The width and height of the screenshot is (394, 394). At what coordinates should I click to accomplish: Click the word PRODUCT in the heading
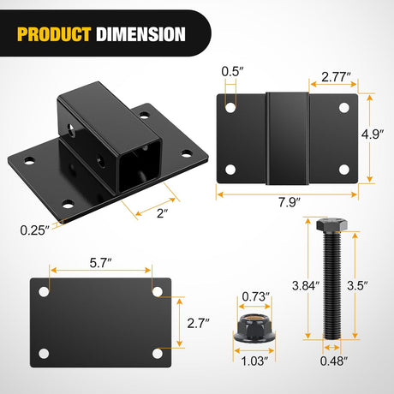pyautogui.click(x=54, y=34)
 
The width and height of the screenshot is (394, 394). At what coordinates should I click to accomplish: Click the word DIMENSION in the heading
pyautogui.click(x=140, y=34)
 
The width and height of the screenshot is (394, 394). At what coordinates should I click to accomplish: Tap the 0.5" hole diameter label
pyautogui.click(x=232, y=71)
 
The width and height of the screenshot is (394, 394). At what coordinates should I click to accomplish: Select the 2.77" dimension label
pyautogui.click(x=336, y=76)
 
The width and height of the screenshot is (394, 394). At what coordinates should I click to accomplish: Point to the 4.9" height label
pyautogui.click(x=373, y=134)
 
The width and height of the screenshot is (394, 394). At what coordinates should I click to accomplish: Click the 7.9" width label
pyautogui.click(x=290, y=202)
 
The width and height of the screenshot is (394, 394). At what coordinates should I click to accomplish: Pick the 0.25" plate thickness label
pyautogui.click(x=35, y=230)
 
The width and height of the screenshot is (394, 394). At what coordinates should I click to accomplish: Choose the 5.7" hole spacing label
pyautogui.click(x=100, y=263)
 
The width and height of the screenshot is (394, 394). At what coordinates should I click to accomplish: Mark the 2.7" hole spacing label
pyautogui.click(x=198, y=323)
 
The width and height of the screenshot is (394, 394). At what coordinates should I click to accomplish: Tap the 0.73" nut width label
pyautogui.click(x=256, y=296)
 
